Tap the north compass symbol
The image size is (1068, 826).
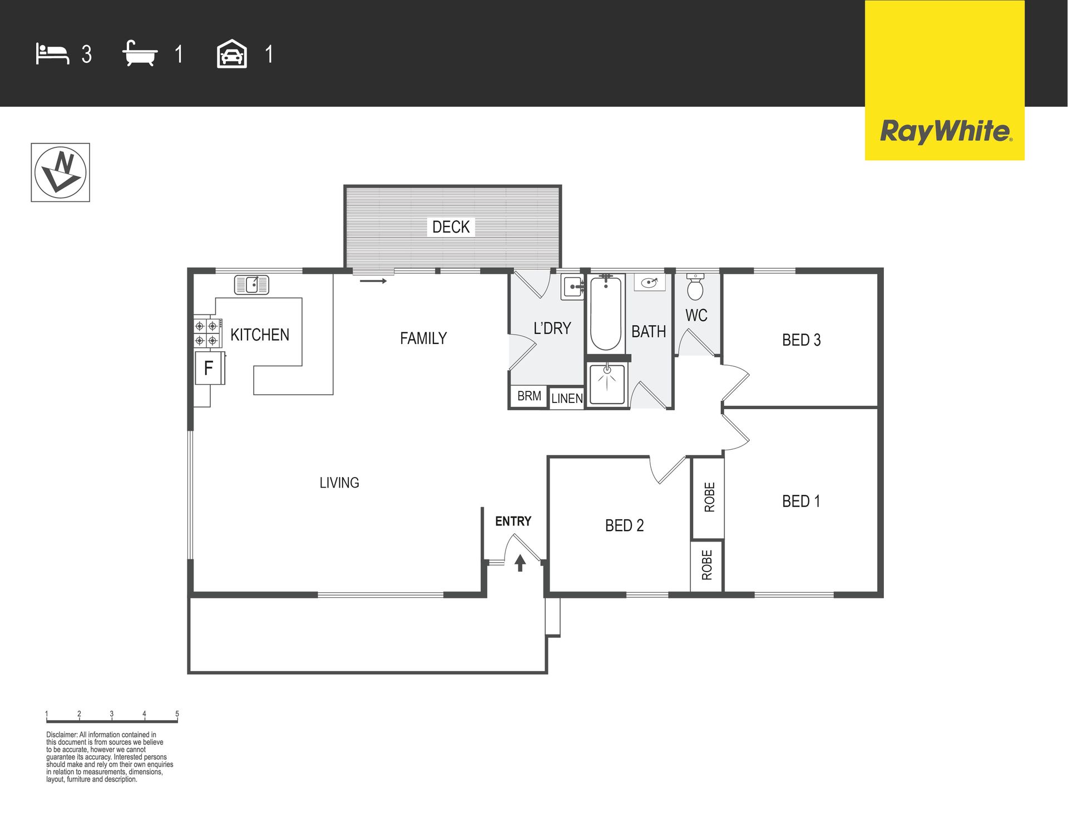60,173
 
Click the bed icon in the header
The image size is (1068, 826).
52,54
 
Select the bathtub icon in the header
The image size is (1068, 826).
140,53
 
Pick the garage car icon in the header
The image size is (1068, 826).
231,54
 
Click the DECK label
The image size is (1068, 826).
451,227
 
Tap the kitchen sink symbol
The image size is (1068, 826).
251,284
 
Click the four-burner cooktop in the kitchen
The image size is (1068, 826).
207,333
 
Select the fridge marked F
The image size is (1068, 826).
209,368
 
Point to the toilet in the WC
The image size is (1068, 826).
695,286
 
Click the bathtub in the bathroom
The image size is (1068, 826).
605,313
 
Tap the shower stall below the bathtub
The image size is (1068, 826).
607,384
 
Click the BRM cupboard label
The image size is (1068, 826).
529,396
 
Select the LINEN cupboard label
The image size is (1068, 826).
567,399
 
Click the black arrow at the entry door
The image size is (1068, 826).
520,563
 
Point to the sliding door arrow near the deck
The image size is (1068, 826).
373,281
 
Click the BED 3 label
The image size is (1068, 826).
801,340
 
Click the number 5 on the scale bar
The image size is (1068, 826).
177,714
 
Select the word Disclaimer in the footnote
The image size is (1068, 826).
62,735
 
